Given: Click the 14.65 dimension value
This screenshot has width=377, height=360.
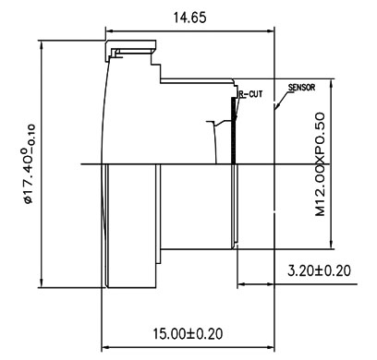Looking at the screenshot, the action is click(x=189, y=18).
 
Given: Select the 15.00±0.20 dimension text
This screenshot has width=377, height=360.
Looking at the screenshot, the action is click(x=188, y=333).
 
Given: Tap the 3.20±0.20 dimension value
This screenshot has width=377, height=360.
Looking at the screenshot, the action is click(x=319, y=270).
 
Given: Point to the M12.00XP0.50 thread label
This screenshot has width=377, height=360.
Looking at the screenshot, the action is click(x=321, y=164).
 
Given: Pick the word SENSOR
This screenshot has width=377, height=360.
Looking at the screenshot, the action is click(x=301, y=88).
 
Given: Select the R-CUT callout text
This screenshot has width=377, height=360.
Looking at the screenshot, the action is click(x=251, y=94).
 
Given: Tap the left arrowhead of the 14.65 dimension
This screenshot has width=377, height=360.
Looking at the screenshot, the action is click(x=109, y=30).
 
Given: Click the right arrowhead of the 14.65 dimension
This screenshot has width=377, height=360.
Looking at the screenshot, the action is click(x=271, y=30).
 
